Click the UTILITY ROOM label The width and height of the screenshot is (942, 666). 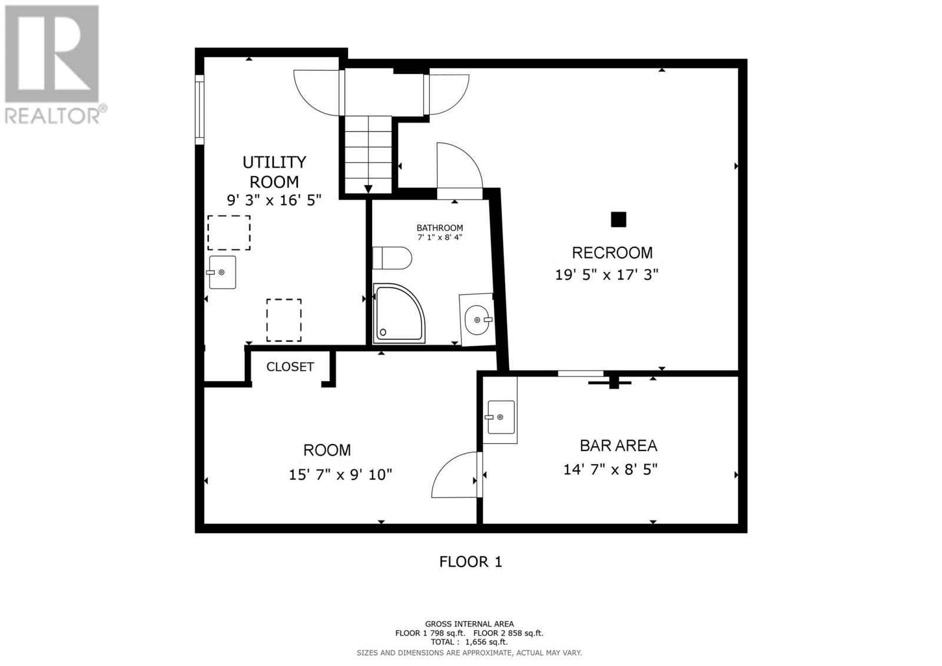click(274, 171)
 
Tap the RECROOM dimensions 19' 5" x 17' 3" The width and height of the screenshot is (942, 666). click(606, 275)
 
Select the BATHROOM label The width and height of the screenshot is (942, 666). click(440, 228)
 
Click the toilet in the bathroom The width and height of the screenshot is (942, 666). click(392, 258)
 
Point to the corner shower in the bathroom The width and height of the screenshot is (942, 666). click(396, 314)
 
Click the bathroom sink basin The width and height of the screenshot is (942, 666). click(476, 320)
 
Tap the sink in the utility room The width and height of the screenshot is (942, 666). click(222, 272)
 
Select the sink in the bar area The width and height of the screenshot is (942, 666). click(500, 417)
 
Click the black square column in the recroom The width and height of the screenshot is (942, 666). click(618, 220)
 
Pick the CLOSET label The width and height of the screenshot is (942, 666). click(290, 367)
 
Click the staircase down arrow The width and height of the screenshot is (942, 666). click(369, 188)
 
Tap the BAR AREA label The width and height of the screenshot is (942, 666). click(618, 446)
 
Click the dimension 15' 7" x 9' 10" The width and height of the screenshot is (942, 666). click(340, 475)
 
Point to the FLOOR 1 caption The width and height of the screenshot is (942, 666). click(470, 562)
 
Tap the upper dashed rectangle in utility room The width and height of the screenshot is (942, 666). click(229, 233)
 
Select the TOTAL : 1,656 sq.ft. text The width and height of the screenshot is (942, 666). click(469, 642)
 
